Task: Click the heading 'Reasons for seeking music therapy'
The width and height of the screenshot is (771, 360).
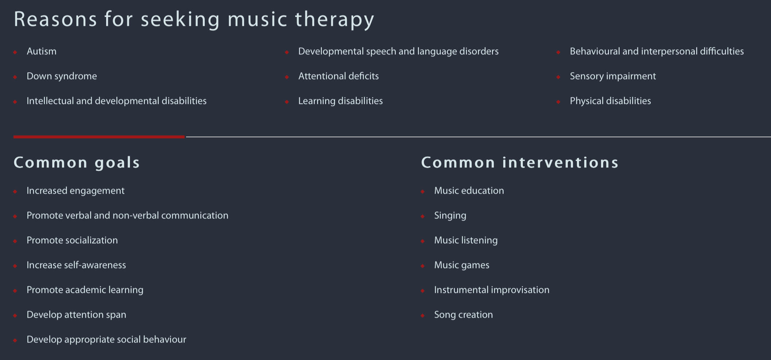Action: [194, 20]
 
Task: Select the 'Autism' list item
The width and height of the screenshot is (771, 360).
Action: [42, 51]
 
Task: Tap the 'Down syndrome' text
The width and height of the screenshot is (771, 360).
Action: [62, 76]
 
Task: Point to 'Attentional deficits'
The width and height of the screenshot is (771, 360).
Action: [339, 76]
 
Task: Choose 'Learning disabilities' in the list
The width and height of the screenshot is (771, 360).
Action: [340, 101]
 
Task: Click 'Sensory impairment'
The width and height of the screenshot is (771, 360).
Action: [613, 76]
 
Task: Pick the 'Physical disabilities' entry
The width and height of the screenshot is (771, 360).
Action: [610, 101]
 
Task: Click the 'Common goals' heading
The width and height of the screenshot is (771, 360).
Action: [77, 163]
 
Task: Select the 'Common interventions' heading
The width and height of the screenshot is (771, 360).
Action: [520, 163]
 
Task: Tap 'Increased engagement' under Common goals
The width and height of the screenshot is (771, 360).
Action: [76, 191]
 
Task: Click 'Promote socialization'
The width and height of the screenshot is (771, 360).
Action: [72, 240]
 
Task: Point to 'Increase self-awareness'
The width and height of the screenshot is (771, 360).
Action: [76, 265]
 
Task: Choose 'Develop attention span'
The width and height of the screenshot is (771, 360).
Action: [76, 315]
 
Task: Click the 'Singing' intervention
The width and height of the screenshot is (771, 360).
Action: [450, 216]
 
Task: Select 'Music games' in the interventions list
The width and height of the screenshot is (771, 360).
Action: [462, 265]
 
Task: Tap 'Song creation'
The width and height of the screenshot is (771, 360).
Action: [463, 315]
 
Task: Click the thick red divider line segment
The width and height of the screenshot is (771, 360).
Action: [99, 137]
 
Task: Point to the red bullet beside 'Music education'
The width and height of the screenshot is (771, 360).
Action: [423, 191]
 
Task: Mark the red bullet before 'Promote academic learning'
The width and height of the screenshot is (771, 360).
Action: [15, 291]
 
